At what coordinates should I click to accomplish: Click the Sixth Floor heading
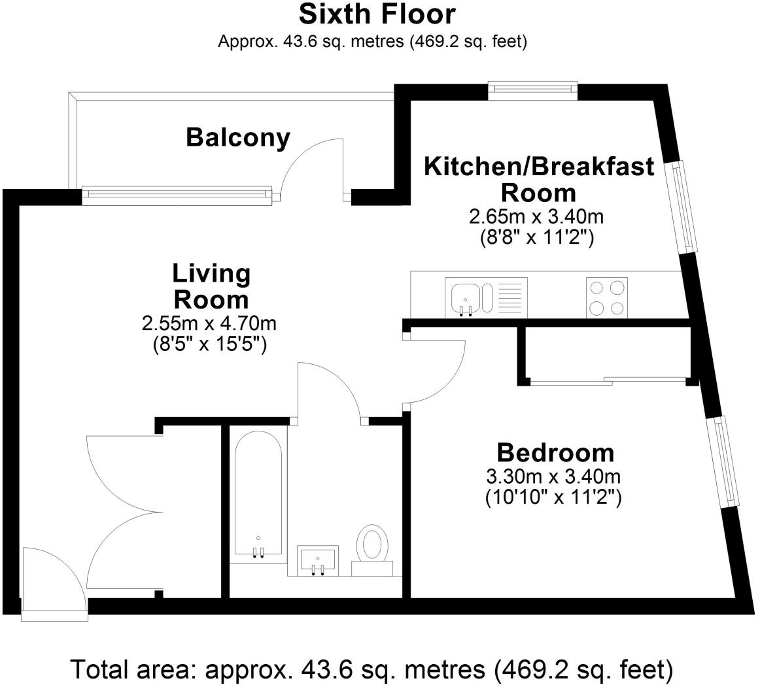click(x=377, y=14)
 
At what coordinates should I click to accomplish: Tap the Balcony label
click(x=238, y=137)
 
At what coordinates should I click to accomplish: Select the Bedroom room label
click(x=555, y=453)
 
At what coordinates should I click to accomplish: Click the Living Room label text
click(x=211, y=286)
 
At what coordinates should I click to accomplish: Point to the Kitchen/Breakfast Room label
click(x=539, y=179)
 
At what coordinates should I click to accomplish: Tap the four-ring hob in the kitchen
click(x=607, y=297)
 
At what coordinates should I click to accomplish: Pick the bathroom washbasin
click(x=318, y=561)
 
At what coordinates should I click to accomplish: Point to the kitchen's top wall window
click(x=532, y=90)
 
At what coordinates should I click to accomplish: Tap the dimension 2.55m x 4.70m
click(x=209, y=323)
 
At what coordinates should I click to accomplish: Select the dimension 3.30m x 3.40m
click(x=553, y=477)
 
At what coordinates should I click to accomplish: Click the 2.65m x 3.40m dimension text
click(x=536, y=216)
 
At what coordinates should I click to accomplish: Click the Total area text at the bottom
click(x=371, y=669)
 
